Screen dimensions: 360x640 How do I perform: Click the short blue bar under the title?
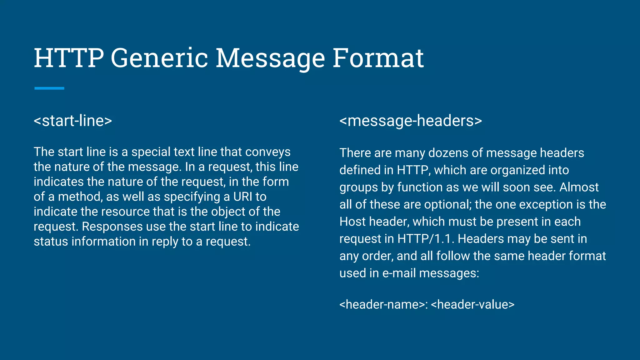(49, 88)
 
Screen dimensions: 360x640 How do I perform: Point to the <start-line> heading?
(73, 121)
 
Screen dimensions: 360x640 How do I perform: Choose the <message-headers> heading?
(411, 121)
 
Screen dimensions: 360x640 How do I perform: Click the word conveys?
(268, 152)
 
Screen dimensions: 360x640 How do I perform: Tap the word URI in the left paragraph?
(243, 197)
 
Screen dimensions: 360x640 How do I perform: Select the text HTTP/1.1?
(426, 239)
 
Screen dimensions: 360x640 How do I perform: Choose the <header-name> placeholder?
(382, 304)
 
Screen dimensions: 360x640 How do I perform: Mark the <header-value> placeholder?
(472, 304)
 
